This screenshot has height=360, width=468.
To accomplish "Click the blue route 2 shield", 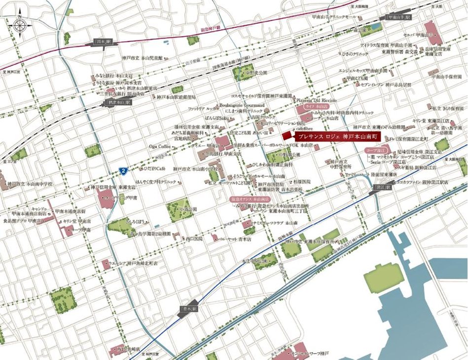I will (x=122, y=171).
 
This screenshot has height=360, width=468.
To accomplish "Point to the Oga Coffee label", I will (x=160, y=147).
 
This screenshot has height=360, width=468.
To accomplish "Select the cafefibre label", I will (x=304, y=128).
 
